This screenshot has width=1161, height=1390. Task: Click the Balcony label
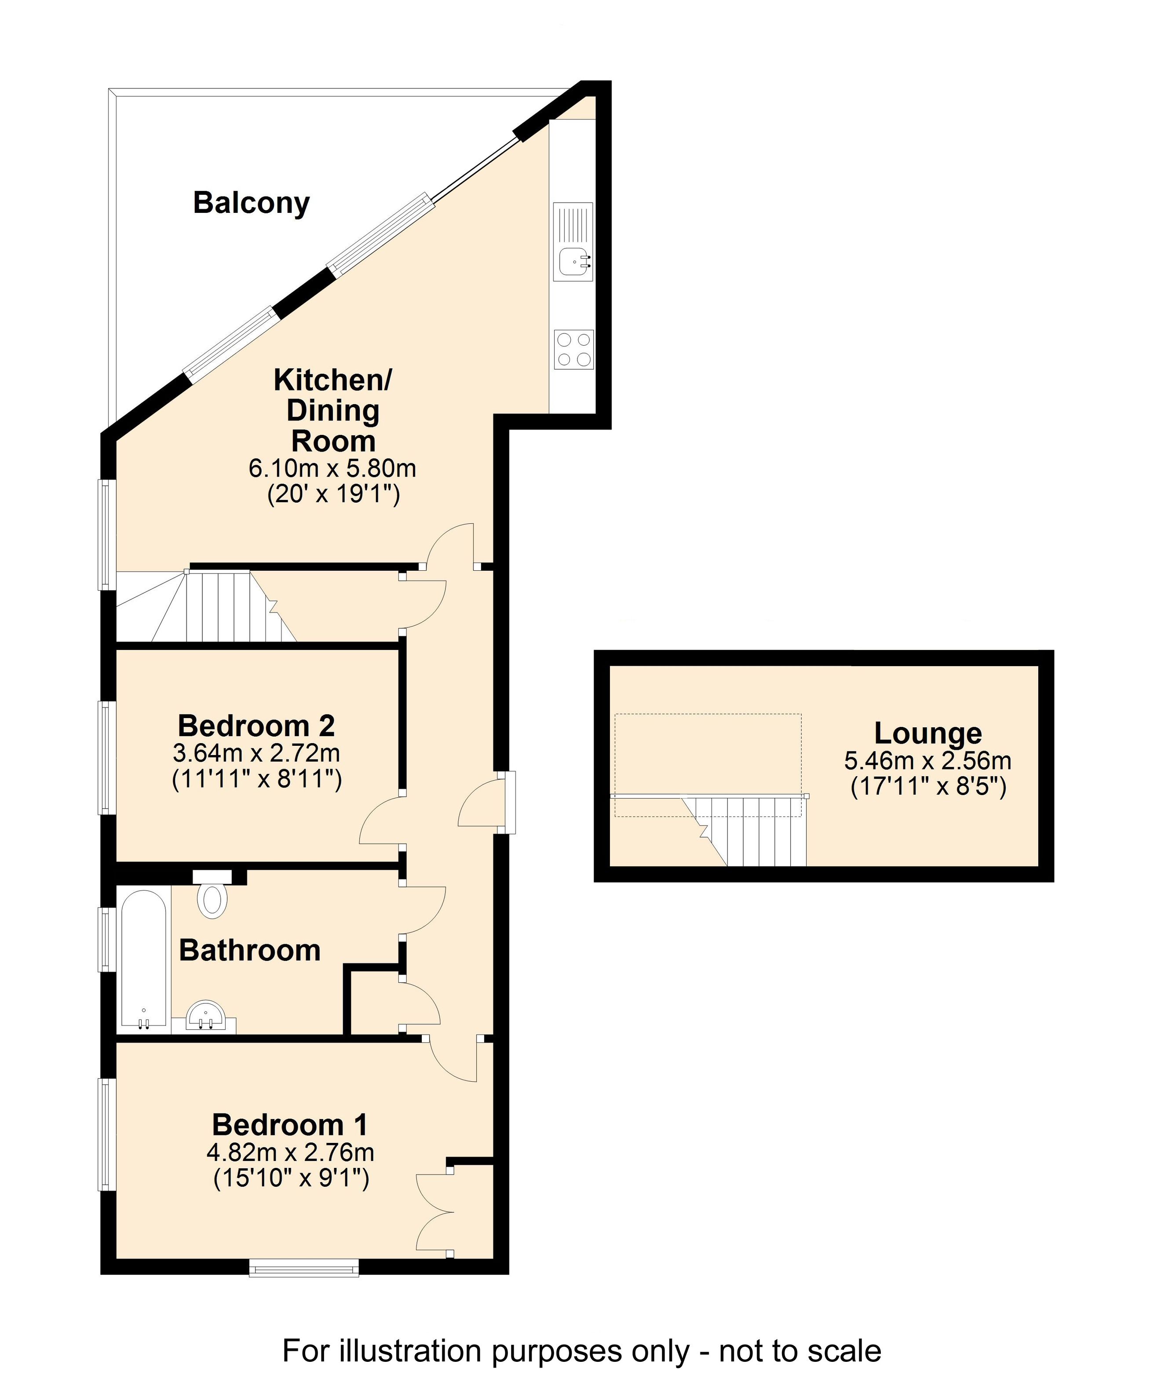[x=252, y=203]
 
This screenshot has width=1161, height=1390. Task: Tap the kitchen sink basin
[x=573, y=261]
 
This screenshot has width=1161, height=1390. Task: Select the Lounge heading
[x=928, y=733]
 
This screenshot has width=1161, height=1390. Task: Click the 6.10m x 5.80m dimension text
[x=332, y=469]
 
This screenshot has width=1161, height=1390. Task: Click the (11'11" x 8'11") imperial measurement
[x=257, y=779]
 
